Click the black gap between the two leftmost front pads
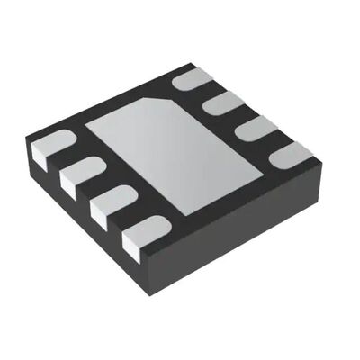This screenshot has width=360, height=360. [66, 160]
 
